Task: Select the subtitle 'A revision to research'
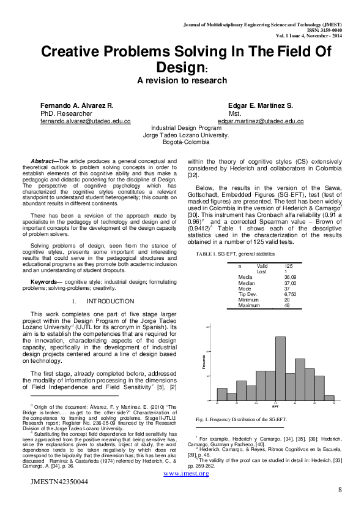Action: click(x=182, y=80)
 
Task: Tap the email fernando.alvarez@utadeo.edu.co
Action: click(x=86, y=121)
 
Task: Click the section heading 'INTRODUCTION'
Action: click(x=110, y=302)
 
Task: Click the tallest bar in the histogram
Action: click(x=280, y=368)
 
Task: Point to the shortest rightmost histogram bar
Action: click(x=329, y=398)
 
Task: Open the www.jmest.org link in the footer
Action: click(x=182, y=474)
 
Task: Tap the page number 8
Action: click(x=340, y=490)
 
